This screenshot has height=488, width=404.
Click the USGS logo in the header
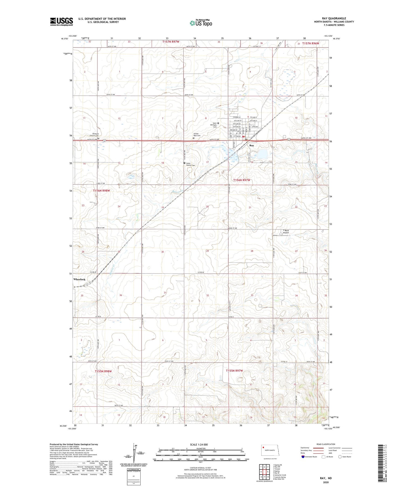coord(61,22)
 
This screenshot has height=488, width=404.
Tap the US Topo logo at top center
coord(201,23)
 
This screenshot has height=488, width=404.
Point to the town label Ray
coord(252,145)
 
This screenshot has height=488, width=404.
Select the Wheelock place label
coord(79,279)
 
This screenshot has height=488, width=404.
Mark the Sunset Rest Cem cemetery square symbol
coord(193,138)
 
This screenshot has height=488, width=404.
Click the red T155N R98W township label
coord(103,371)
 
